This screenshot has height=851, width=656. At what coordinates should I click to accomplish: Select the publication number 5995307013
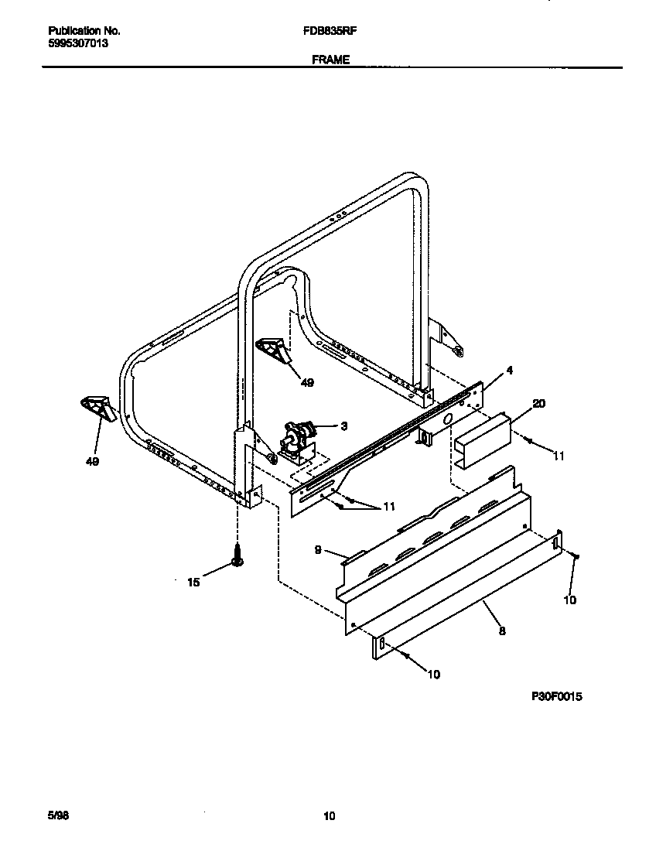click(78, 44)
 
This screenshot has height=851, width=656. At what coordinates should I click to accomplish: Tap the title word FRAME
click(331, 60)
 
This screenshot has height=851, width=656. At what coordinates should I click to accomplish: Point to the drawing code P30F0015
click(556, 696)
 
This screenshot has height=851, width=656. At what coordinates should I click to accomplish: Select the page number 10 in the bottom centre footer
click(330, 815)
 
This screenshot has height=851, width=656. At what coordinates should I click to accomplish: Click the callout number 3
click(343, 425)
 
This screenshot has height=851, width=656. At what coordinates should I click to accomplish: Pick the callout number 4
click(508, 371)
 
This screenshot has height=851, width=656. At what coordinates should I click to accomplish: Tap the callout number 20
click(538, 403)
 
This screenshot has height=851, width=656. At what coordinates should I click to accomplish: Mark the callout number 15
click(193, 582)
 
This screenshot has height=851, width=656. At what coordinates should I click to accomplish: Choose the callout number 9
click(318, 551)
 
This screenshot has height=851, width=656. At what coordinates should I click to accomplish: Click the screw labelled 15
click(237, 555)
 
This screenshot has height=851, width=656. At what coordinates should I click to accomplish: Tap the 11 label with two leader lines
click(389, 506)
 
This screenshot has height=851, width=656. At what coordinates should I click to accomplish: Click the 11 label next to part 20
click(559, 456)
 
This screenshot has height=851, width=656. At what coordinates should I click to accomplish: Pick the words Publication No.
click(84, 31)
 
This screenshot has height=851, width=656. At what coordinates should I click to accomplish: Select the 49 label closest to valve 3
click(307, 382)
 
